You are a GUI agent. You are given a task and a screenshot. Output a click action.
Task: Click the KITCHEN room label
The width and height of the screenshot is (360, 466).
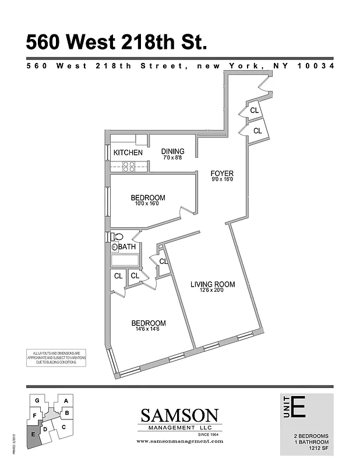[x=128, y=153]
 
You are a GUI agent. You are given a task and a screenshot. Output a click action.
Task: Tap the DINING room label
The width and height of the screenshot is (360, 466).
[x=172, y=151]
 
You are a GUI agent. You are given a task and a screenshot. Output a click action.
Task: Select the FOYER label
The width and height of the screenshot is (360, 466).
[x=221, y=174]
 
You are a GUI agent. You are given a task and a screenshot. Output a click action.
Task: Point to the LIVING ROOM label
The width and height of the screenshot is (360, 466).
[x=213, y=284]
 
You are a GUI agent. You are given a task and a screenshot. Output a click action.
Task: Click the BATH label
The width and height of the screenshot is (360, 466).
[x=127, y=248]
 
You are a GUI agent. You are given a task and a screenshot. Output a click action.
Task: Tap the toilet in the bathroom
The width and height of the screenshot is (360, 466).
[x=118, y=237]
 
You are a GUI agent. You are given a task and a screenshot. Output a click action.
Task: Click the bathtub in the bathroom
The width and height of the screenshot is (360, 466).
[x=125, y=260]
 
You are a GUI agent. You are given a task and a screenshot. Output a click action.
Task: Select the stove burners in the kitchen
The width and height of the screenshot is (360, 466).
[x=129, y=167]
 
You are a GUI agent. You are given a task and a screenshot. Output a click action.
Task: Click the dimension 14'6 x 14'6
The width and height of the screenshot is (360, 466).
[x=148, y=329]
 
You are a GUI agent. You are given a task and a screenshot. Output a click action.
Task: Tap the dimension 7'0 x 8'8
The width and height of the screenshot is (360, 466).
[x=172, y=158]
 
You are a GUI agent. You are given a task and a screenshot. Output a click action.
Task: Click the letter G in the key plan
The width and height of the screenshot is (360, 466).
[x=37, y=400]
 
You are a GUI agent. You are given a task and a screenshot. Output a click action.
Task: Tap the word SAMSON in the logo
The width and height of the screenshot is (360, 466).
[x=180, y=416]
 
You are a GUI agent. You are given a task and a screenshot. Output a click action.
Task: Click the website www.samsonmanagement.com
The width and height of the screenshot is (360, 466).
[x=180, y=442]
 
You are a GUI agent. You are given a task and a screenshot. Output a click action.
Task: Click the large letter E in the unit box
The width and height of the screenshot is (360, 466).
[x=298, y=406]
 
